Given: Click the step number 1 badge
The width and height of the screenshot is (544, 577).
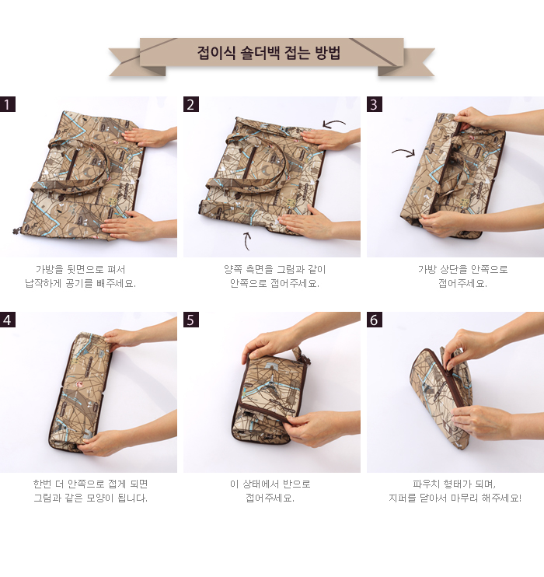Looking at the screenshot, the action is click(8, 104).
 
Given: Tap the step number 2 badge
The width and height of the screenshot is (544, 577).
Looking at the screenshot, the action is click(191, 104).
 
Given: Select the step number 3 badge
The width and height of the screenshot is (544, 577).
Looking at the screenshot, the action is click(375, 104).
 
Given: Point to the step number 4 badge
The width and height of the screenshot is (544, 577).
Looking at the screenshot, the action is click(8, 320).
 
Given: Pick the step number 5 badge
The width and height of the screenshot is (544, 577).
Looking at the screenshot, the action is click(191, 320).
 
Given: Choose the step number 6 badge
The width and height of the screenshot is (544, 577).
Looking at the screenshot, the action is click(375, 320).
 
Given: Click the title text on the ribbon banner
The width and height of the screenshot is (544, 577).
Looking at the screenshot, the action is click(269, 53).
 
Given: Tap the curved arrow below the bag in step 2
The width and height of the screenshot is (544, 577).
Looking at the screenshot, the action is click(247, 240).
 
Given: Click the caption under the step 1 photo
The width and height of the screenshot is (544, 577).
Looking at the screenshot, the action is click(80, 276).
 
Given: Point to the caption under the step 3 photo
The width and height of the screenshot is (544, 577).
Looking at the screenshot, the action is click(462, 276).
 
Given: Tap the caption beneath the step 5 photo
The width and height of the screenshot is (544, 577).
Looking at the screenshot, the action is click(270, 491).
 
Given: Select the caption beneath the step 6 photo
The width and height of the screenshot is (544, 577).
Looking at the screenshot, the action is click(455, 491).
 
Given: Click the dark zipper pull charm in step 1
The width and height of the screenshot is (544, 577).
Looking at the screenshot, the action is click(16, 232).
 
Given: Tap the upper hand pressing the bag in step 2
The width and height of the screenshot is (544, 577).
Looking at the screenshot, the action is click(326, 139).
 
